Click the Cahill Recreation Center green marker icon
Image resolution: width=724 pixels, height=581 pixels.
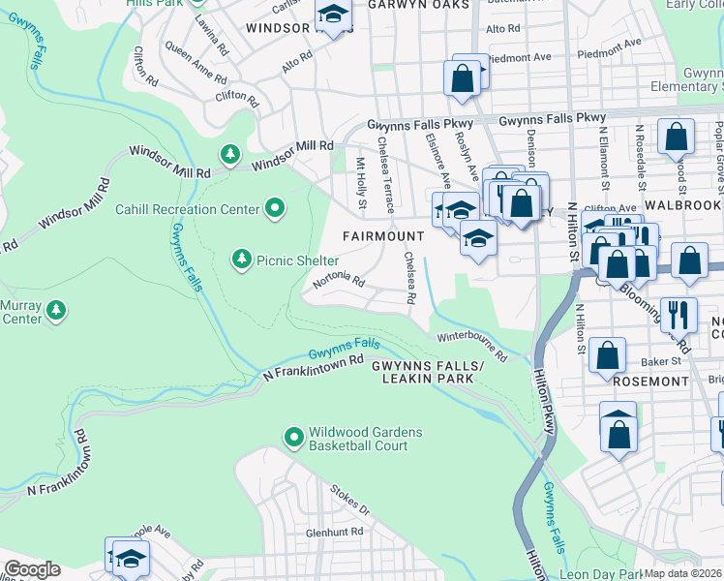click(x=275, y=208)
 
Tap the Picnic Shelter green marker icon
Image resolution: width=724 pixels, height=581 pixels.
click(x=241, y=260)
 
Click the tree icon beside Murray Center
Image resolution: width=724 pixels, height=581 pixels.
click(x=58, y=310)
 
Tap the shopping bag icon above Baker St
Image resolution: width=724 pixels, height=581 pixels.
click(x=608, y=355)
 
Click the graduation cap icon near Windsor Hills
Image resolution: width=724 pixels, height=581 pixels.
click(x=334, y=17)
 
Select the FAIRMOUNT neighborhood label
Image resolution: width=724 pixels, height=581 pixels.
click(x=384, y=236)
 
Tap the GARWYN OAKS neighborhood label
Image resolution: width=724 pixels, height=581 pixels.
click(x=418, y=5)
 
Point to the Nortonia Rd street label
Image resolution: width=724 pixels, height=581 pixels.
click(x=338, y=283)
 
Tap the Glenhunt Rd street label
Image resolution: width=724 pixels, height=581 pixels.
click(x=334, y=532)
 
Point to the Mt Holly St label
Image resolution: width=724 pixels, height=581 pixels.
click(x=361, y=184)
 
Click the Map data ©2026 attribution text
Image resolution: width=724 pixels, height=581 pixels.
click(x=683, y=573)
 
